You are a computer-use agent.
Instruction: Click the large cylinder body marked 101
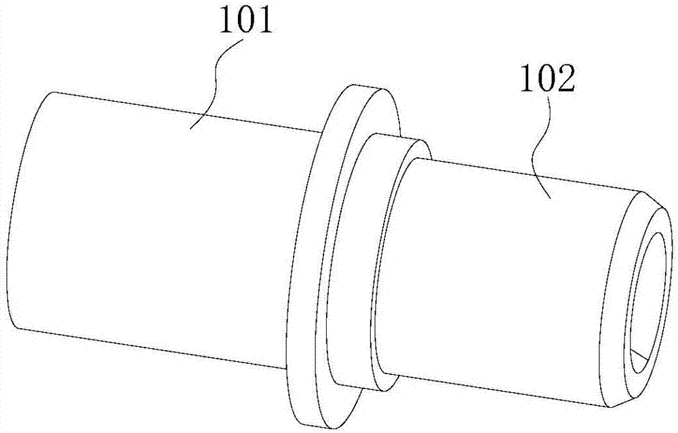(160, 229)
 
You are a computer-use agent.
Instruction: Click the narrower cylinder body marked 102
(497, 281)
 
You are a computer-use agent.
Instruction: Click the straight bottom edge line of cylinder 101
(151, 348)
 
